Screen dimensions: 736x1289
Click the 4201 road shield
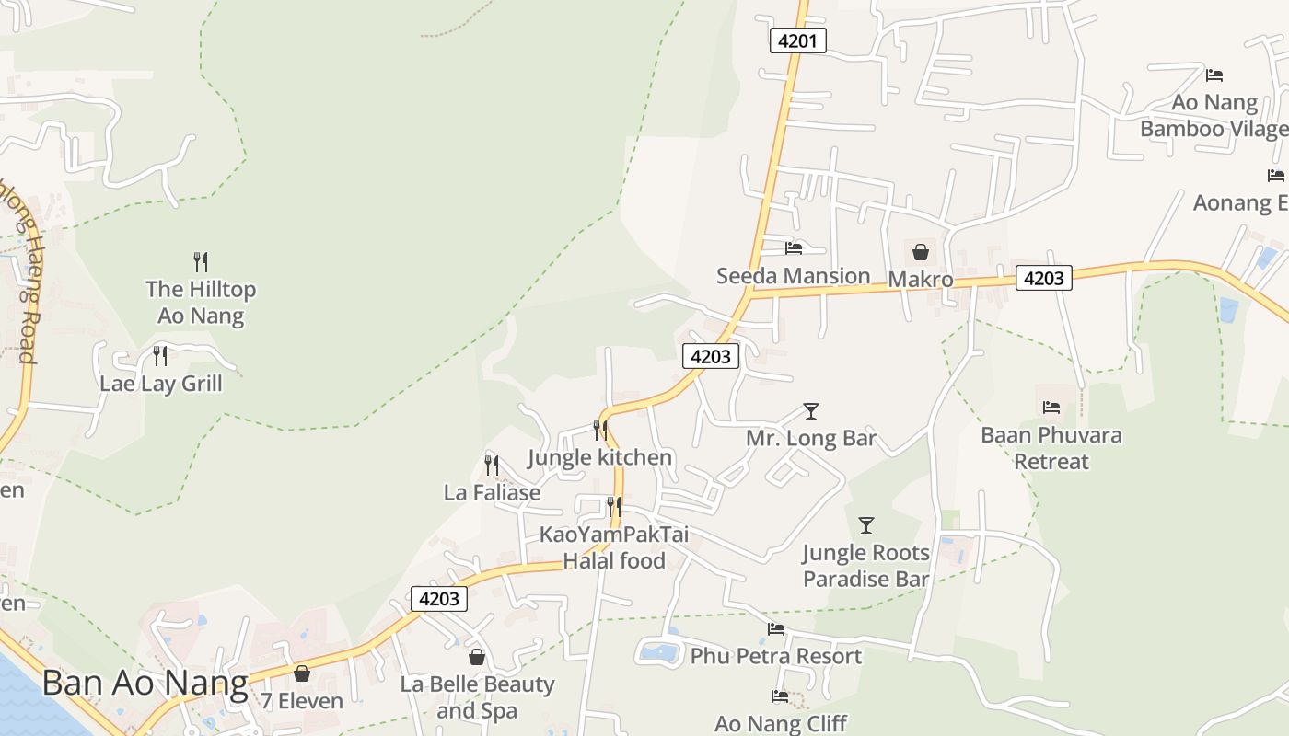(x=797, y=40)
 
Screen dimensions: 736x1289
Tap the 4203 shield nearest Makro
(x=1043, y=278)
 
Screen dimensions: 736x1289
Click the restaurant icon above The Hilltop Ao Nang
(x=201, y=262)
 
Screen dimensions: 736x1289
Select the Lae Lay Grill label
(x=161, y=383)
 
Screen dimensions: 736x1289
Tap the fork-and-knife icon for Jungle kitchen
(x=600, y=430)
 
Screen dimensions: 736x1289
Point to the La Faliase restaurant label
(x=492, y=492)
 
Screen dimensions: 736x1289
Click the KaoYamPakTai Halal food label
(x=613, y=547)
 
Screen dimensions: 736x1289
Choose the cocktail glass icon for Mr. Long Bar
(x=810, y=411)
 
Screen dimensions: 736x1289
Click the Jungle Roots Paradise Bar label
(x=865, y=566)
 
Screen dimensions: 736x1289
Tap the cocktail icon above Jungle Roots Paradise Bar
(x=865, y=525)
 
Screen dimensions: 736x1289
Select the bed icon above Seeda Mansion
(x=794, y=247)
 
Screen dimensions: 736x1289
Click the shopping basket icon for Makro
(x=920, y=252)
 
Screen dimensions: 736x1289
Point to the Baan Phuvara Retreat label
(x=1051, y=447)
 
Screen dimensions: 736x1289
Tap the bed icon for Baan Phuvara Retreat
(x=1051, y=408)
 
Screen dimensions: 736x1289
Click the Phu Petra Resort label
(x=775, y=656)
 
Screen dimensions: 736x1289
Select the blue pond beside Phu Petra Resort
(x=659, y=653)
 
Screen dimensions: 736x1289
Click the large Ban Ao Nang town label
(x=145, y=683)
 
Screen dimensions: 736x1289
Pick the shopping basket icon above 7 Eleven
(x=301, y=673)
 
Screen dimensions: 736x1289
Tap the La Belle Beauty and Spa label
(x=477, y=697)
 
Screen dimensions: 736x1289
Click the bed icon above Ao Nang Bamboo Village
(x=1214, y=75)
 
